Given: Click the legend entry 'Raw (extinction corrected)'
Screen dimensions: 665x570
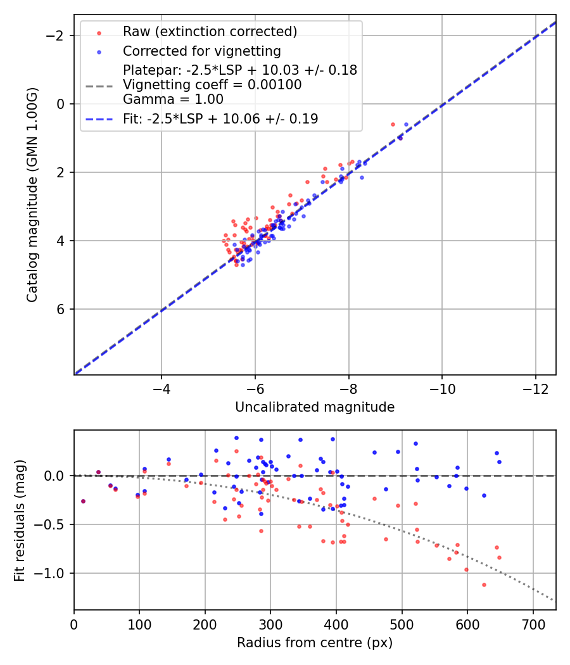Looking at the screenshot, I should (210, 32).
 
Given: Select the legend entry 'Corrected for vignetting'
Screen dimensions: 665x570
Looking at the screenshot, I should (202, 51).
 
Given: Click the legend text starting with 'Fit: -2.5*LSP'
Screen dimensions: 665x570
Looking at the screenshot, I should (220, 118).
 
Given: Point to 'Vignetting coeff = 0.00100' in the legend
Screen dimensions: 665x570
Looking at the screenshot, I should (212, 85).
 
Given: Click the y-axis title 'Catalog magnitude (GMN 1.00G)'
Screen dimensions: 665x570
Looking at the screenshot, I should (32, 194).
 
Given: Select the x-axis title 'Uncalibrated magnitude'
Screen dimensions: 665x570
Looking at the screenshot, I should (315, 407).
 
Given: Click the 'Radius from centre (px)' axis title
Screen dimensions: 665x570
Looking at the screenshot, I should (315, 643).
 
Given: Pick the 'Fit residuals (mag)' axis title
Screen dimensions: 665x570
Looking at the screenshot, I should (20, 520).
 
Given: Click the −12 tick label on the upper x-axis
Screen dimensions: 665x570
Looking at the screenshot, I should (536, 388).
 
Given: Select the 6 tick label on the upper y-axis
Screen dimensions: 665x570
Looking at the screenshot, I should (61, 309).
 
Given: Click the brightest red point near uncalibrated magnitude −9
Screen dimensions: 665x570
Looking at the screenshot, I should (393, 124).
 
